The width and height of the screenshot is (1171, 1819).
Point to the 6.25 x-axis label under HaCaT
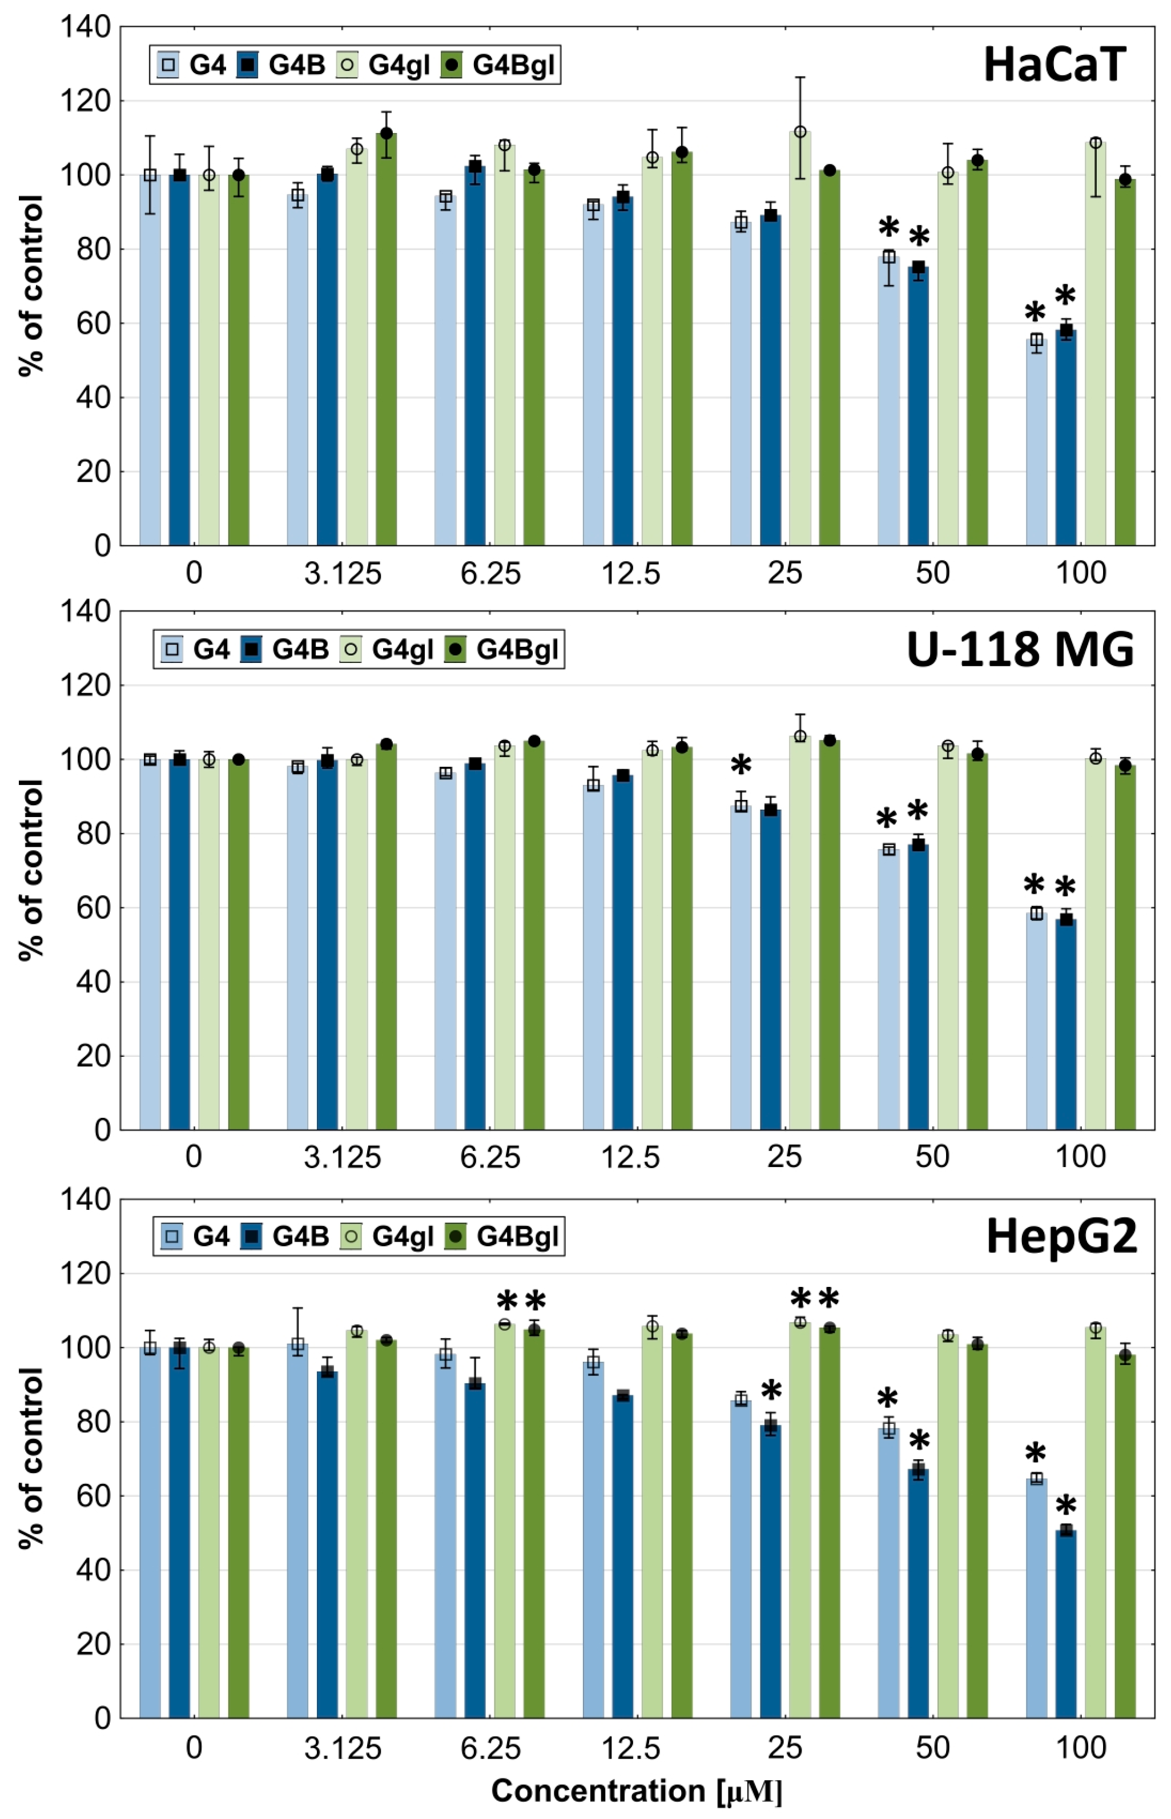pyautogui.click(x=490, y=573)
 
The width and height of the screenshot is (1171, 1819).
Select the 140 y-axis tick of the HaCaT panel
pyautogui.click(x=85, y=27)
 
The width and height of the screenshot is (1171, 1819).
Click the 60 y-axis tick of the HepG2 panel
pyautogui.click(x=92, y=1496)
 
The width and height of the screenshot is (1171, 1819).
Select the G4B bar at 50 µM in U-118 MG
pyautogui.click(x=918, y=989)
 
